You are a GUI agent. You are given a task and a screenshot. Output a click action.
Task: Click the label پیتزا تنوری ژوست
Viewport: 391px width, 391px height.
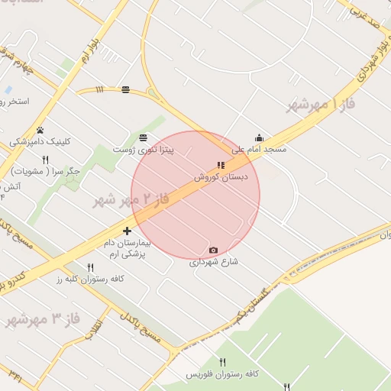[144, 150]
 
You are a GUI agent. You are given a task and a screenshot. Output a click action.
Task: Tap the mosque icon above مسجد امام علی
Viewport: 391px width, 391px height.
[260, 138]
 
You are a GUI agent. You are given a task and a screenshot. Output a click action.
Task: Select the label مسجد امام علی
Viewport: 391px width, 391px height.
[260, 150]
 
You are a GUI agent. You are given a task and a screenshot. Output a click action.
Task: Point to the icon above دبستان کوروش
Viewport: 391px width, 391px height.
[221, 165]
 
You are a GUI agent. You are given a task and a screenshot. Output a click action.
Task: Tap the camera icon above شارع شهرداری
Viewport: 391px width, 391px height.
[213, 250]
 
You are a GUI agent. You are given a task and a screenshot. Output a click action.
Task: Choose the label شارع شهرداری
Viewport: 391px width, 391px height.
[214, 261]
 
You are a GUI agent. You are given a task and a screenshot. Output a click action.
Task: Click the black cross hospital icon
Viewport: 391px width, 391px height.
[127, 231]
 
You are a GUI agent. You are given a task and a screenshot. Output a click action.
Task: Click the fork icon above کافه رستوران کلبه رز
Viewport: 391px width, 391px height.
[90, 267]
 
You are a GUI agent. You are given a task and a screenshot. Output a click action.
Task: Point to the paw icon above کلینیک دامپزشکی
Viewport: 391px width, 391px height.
[40, 130]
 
